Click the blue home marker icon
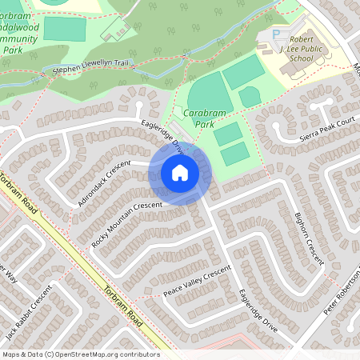(x=180, y=172)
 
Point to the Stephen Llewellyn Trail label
(x=90, y=70)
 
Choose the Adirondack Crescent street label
(x=103, y=183)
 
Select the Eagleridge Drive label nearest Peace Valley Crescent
(x=258, y=314)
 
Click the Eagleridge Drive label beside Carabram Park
(x=164, y=135)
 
